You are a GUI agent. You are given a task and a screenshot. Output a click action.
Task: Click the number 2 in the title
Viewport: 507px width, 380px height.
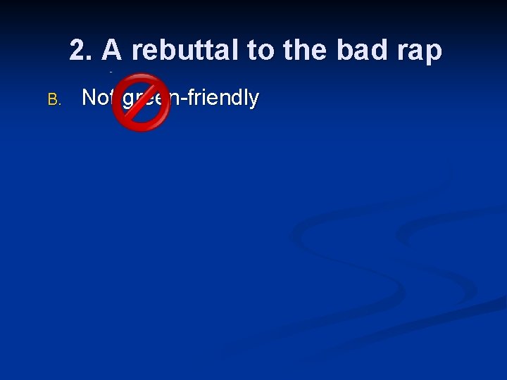click(x=78, y=51)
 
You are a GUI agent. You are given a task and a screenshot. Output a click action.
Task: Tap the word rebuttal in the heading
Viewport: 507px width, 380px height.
click(x=184, y=51)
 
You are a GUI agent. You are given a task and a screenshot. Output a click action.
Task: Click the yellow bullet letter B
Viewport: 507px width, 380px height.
click(x=54, y=99)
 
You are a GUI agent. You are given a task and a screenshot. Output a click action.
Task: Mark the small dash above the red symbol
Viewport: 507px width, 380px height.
click(x=111, y=72)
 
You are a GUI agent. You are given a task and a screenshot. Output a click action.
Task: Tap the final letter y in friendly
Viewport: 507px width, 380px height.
click(x=254, y=101)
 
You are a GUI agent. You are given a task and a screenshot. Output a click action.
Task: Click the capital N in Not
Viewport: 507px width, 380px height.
click(x=89, y=98)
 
